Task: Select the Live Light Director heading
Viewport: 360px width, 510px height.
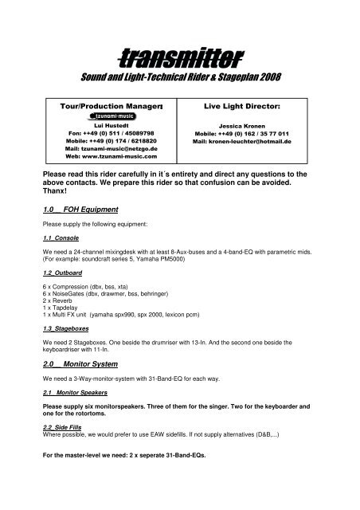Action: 251,105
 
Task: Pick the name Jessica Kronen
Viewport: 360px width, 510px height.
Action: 251,126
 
